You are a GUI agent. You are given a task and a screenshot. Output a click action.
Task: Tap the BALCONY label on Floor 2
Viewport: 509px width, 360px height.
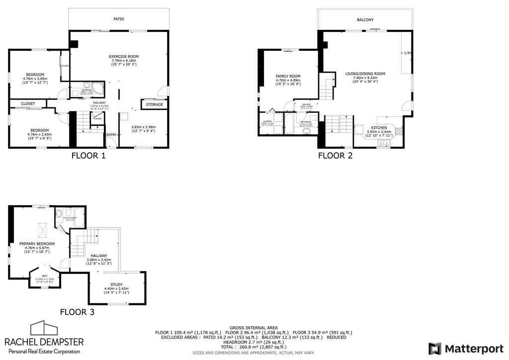pyautogui.click(x=365, y=20)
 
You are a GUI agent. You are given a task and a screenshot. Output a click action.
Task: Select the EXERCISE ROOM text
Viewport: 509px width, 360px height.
pyautogui.click(x=124, y=56)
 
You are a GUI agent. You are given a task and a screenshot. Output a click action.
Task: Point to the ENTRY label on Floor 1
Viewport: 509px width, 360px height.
pyautogui.click(x=112, y=134)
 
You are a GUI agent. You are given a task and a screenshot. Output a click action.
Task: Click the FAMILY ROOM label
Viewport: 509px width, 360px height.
pyautogui.click(x=288, y=76)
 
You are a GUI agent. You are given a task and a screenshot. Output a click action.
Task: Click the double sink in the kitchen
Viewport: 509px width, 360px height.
pyautogui.click(x=383, y=144)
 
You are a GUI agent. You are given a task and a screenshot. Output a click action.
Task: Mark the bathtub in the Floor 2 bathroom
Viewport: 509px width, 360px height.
pyautogui.click(x=289, y=124)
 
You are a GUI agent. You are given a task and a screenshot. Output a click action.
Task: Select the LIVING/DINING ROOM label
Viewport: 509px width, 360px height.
pyautogui.click(x=365, y=74)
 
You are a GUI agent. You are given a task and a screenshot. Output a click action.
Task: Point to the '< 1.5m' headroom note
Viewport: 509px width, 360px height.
pyautogui.click(x=406, y=53)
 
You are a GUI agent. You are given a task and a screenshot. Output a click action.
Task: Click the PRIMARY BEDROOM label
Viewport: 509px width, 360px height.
pyautogui.click(x=37, y=244)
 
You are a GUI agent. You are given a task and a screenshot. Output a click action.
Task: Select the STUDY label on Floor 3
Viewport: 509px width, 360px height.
pyautogui.click(x=116, y=285)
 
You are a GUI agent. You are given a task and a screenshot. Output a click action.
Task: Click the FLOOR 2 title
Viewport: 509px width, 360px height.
pyautogui.click(x=335, y=156)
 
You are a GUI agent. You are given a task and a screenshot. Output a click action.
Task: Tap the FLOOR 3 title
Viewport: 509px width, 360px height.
pyautogui.click(x=77, y=312)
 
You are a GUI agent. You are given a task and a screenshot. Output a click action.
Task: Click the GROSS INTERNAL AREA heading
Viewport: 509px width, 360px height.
pyautogui.click(x=254, y=328)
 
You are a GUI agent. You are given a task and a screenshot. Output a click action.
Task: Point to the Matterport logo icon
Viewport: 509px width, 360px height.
pyautogui.click(x=435, y=348)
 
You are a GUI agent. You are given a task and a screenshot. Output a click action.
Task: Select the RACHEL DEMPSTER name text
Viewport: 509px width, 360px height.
pyautogui.click(x=44, y=342)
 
